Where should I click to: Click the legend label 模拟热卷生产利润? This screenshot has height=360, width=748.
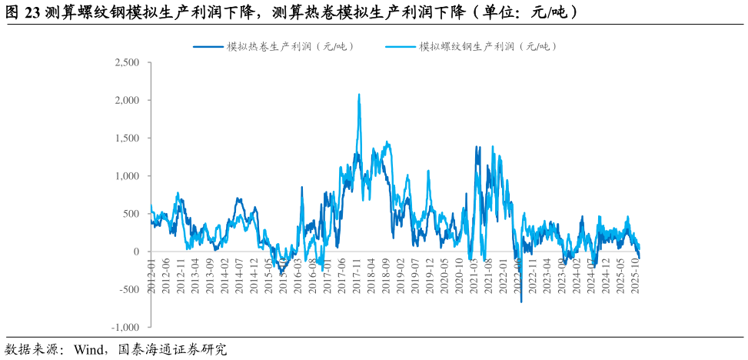291,47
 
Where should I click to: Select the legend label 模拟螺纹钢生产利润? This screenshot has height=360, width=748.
487,47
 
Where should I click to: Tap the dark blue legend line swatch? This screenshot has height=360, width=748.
208,47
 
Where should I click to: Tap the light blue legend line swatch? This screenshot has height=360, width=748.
400,47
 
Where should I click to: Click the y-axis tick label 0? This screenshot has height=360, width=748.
137,252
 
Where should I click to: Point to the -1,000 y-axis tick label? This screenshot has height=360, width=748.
125,328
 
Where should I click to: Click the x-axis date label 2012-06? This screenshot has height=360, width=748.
166,274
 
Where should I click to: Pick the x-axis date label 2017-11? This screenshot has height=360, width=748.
357,274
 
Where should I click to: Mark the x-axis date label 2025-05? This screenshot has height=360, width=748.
620,274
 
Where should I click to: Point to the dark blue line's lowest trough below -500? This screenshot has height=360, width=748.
521,302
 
